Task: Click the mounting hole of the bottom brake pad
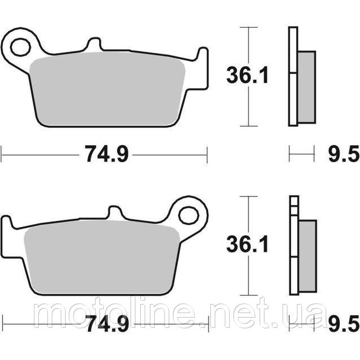pyautogui.click(x=188, y=215)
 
